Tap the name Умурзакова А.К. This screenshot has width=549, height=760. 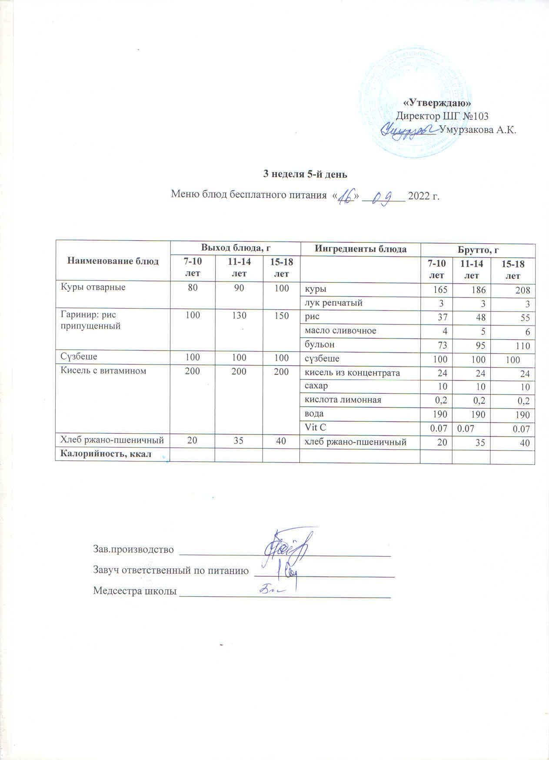478,130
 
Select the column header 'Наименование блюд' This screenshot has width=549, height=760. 113,261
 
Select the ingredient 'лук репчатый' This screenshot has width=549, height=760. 333,303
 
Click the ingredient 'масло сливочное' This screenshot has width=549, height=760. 340,331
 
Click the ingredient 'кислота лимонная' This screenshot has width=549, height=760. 343,400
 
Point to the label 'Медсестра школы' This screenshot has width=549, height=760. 135,591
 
